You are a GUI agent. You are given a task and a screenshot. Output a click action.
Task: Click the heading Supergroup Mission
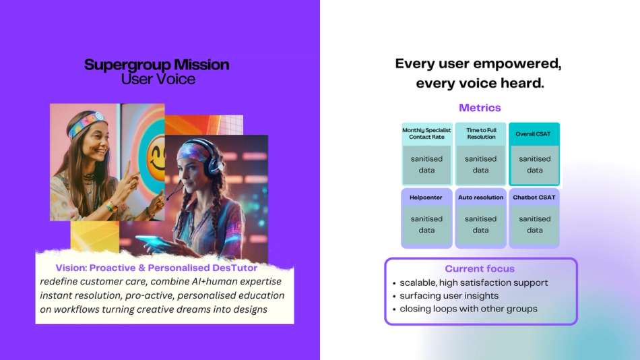157,65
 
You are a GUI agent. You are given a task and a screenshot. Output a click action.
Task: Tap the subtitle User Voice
158,79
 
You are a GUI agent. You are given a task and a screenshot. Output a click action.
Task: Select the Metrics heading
480,108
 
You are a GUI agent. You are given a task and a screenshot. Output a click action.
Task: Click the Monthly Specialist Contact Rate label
426,133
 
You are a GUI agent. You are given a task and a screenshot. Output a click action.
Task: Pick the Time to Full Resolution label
481,133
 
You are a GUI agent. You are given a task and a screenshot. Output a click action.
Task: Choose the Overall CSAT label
533,133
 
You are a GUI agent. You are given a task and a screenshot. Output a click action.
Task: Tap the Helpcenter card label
426,198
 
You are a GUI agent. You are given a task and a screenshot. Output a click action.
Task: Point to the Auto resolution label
480,198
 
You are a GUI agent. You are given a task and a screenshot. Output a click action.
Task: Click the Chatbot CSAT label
534,198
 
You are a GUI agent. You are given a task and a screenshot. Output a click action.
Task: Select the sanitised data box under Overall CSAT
534,165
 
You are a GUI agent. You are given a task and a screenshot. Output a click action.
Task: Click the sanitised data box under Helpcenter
426,224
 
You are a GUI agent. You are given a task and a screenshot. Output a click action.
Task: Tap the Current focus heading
480,268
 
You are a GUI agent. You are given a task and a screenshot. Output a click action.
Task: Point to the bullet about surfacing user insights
449,295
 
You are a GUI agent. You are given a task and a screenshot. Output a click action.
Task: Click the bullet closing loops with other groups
468,309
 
